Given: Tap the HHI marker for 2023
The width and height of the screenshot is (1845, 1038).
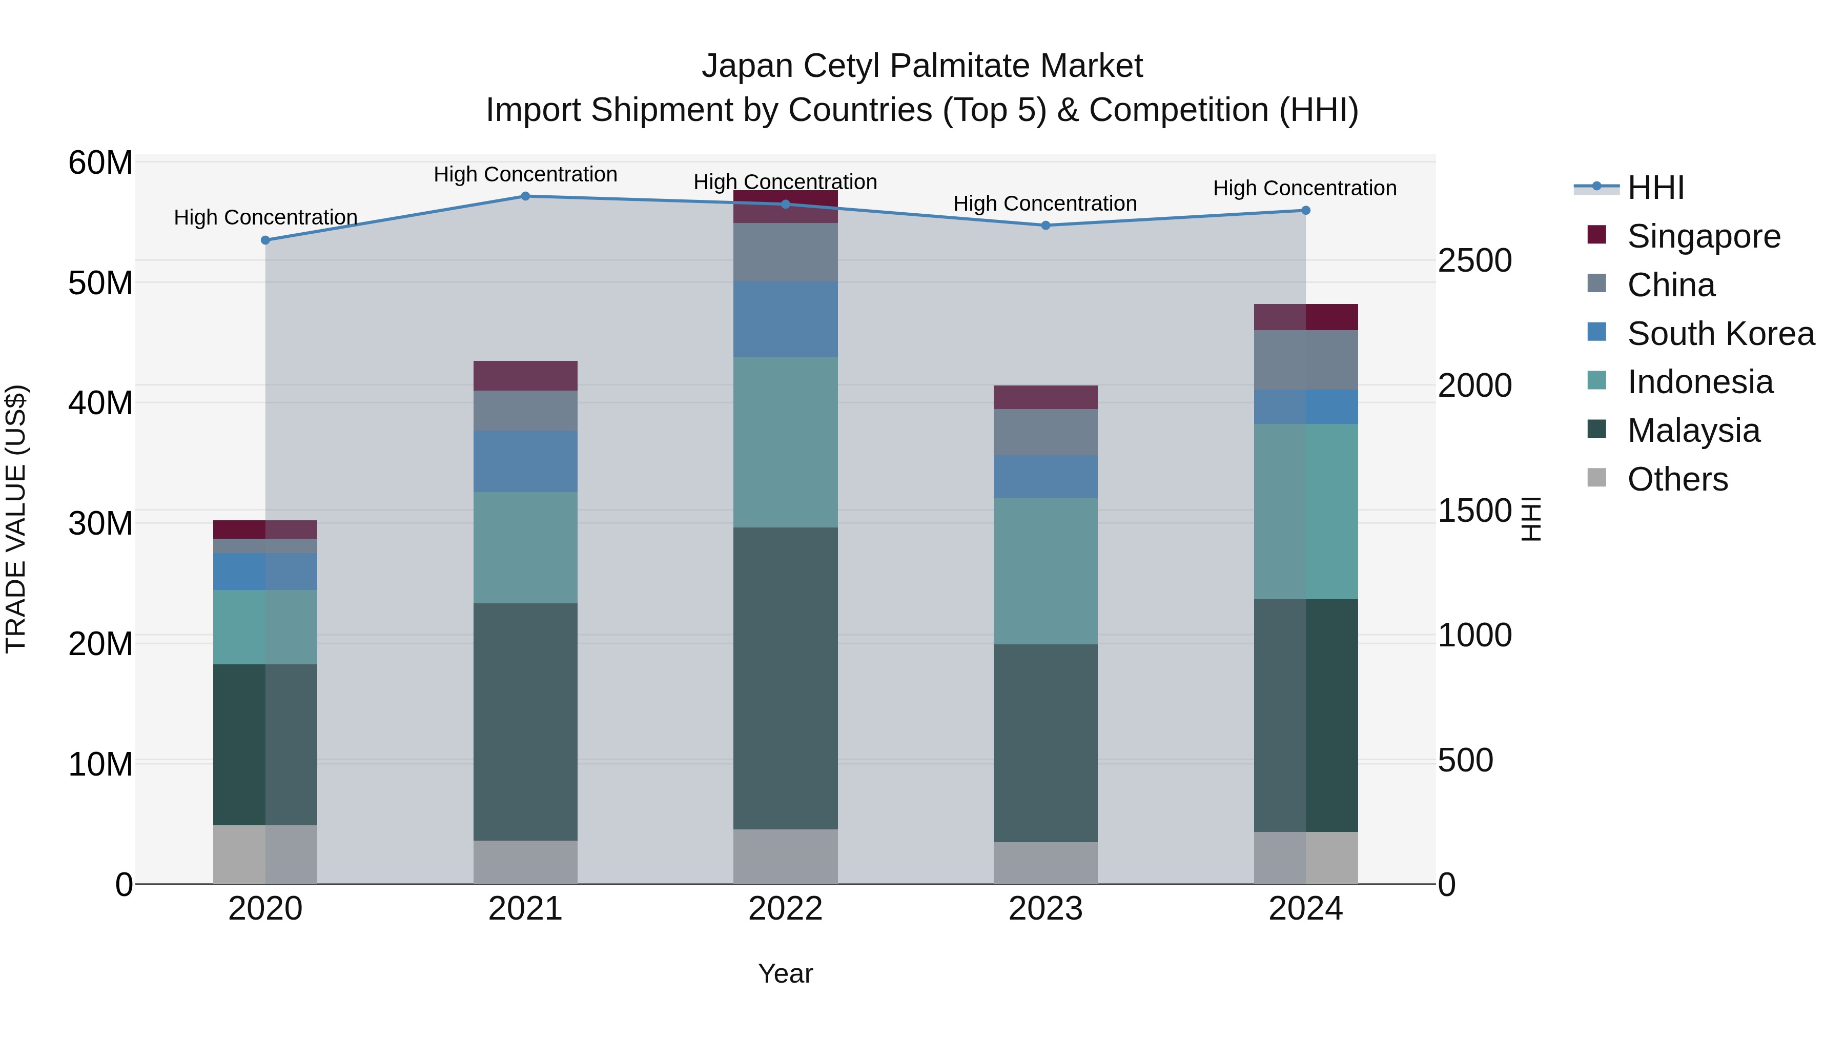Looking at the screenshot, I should (1045, 226).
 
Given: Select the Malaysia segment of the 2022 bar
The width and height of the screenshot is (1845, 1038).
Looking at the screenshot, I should (785, 678).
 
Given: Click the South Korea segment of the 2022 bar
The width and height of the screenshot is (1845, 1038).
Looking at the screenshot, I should (785, 319).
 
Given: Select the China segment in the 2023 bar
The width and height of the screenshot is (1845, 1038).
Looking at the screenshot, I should (1045, 432).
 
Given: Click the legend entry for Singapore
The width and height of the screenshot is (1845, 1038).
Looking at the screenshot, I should (1703, 236).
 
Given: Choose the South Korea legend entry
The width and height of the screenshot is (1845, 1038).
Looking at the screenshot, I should (1720, 334).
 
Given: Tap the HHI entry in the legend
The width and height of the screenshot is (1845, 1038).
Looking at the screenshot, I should (1655, 188).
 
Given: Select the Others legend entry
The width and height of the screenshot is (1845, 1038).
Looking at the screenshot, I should (1677, 479).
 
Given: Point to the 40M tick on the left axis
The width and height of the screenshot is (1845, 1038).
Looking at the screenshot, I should (100, 403).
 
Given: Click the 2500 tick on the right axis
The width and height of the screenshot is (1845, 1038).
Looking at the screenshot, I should (1474, 261).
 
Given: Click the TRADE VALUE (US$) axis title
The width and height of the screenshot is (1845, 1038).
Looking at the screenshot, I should (16, 519).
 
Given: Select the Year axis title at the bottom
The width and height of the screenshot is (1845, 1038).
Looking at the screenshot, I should (785, 973).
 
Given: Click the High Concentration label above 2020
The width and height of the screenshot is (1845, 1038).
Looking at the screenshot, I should (265, 217).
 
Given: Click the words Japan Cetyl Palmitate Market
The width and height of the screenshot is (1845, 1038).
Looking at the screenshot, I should (922, 66).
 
